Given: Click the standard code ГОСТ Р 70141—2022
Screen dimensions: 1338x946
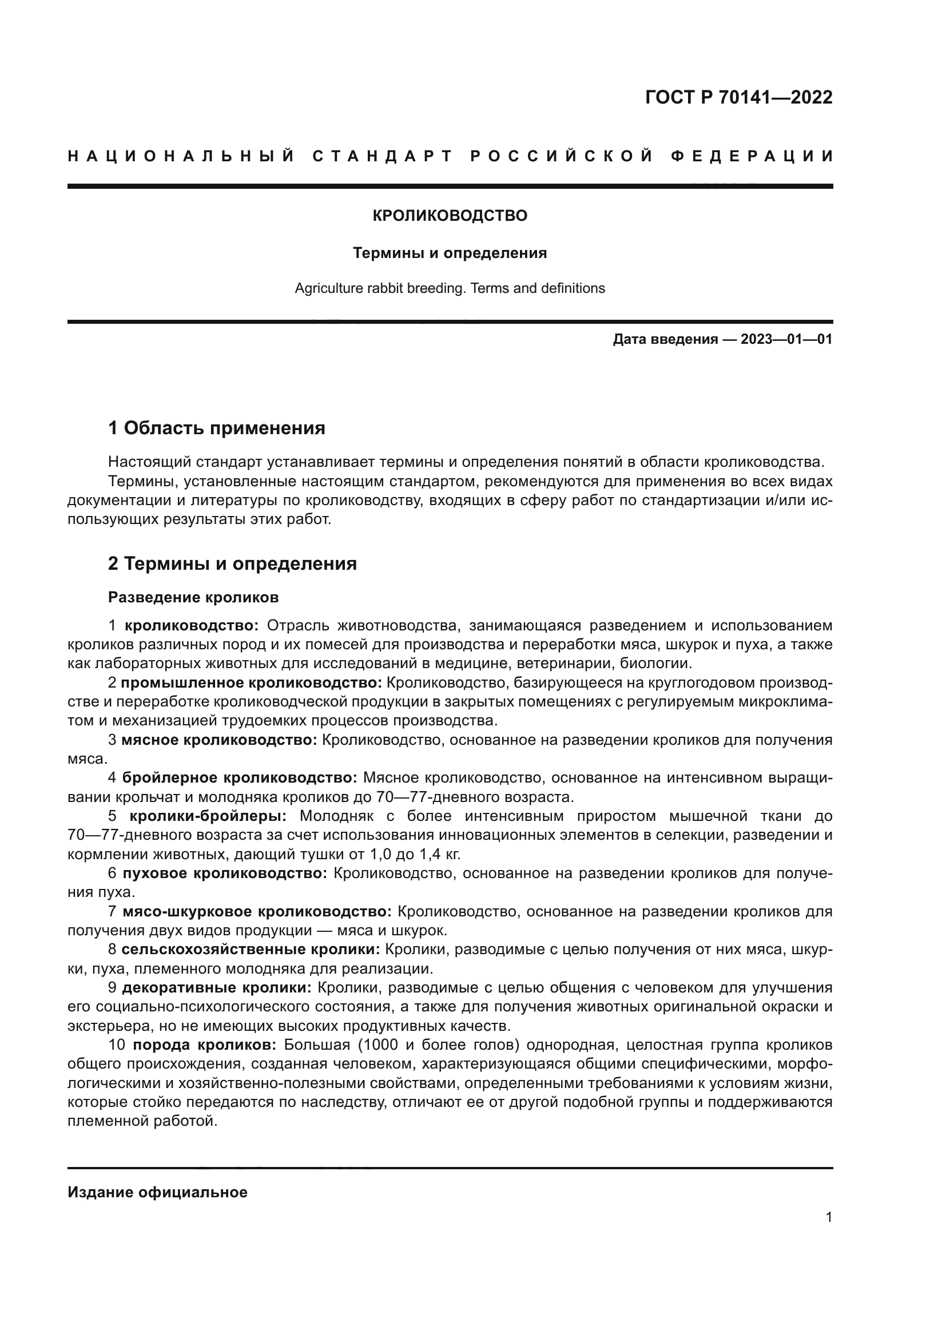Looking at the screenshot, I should (x=738, y=97).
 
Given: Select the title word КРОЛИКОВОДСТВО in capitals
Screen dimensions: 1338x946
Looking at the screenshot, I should (x=450, y=216).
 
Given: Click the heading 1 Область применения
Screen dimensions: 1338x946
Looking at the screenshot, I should (x=217, y=428).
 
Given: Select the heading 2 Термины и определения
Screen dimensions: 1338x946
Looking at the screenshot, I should (x=232, y=563).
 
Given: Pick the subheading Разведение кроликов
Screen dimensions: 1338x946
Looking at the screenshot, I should (x=193, y=597).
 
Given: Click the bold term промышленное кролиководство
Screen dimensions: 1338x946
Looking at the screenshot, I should (x=252, y=682).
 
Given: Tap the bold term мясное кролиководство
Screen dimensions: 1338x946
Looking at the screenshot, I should (x=220, y=740).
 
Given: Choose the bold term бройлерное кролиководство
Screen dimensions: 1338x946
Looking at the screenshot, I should (x=240, y=778).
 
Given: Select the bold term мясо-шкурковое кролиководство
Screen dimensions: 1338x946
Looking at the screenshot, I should (x=257, y=911).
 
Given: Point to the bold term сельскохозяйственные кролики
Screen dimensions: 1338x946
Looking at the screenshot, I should (x=251, y=950).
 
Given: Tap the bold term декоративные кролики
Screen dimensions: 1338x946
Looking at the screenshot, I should (x=217, y=987).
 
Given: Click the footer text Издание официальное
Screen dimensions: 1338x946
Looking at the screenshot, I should (x=157, y=1192).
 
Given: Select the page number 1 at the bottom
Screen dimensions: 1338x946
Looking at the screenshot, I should (x=829, y=1228).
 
